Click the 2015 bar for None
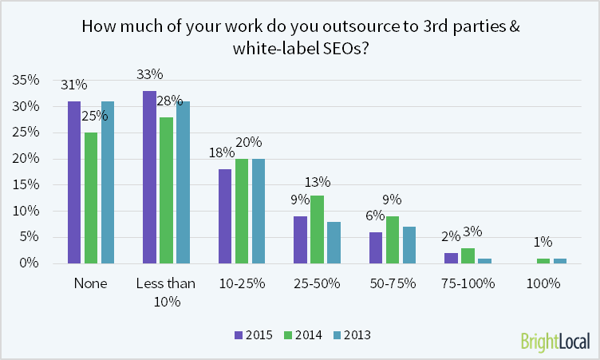(x=74, y=183)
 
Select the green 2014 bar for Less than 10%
(x=165, y=191)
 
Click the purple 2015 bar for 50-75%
(x=375, y=248)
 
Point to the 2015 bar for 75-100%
(x=450, y=259)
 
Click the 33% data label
(x=150, y=75)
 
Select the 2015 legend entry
(x=254, y=335)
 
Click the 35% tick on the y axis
(x=27, y=81)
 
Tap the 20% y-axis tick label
(x=27, y=159)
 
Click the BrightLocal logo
(x=555, y=341)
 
